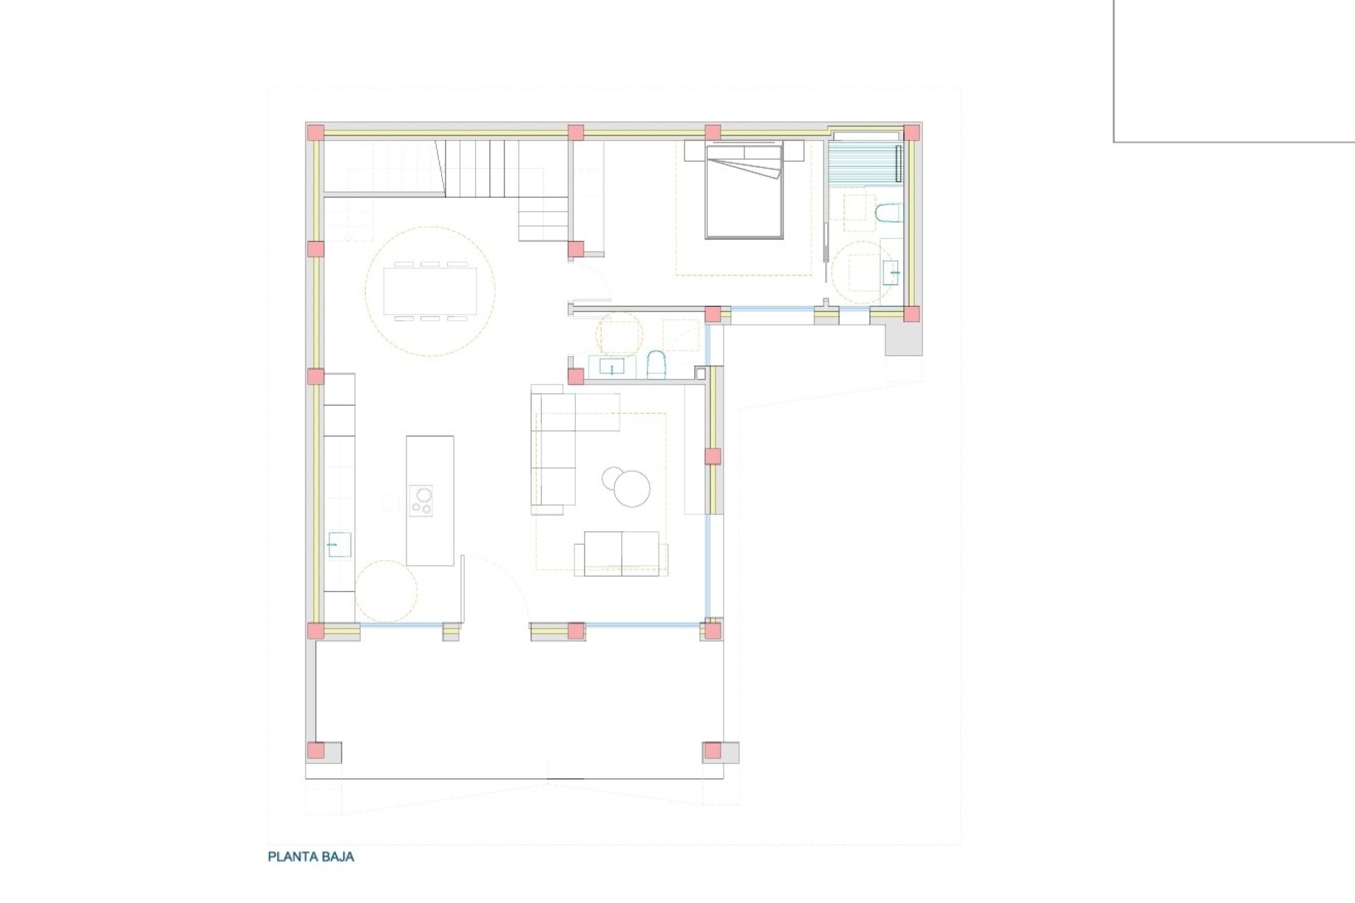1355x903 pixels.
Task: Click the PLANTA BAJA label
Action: coord(311,857)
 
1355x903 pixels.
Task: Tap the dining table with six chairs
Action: coord(430,290)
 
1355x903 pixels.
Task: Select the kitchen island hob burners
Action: coord(421,500)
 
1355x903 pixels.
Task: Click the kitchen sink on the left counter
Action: coord(339,545)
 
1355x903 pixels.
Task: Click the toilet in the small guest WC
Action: coord(656,365)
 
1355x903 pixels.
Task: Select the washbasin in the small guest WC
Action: coord(611,367)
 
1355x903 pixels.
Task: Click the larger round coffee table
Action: coord(632,489)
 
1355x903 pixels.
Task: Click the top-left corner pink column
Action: coord(315,133)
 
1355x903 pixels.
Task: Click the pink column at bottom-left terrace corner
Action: coord(315,751)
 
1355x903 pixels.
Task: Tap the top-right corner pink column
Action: coord(912,133)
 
